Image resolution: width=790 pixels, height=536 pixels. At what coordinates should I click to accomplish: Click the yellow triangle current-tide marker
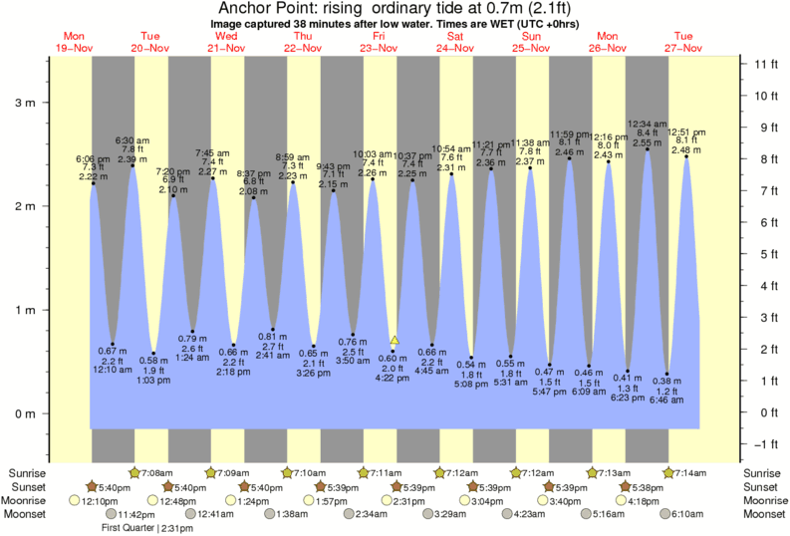click(395, 341)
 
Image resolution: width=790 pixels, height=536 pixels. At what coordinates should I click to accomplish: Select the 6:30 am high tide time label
click(132, 139)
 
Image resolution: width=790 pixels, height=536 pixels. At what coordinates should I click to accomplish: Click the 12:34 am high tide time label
click(647, 125)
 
